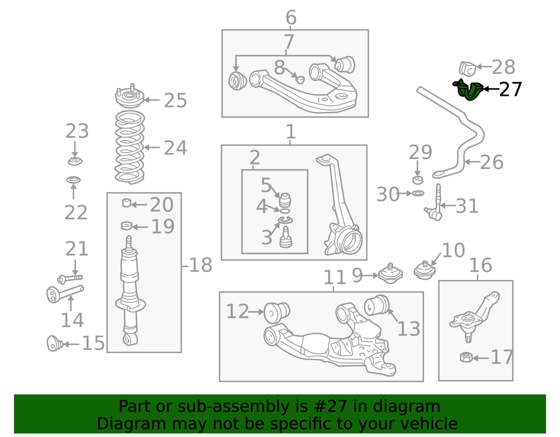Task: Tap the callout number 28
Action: pyautogui.click(x=503, y=67)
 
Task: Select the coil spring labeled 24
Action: pyautogui.click(x=129, y=147)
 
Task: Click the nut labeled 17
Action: pyautogui.click(x=467, y=358)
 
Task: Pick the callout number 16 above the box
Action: pyautogui.click(x=480, y=265)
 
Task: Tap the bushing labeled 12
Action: pyautogui.click(x=277, y=312)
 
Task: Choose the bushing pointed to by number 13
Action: pyautogui.click(x=377, y=305)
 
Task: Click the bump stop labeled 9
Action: pyautogui.click(x=391, y=274)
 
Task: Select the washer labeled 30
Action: pyautogui.click(x=418, y=193)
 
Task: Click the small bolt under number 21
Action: pyautogui.click(x=70, y=279)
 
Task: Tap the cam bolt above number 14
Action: pyautogui.click(x=65, y=294)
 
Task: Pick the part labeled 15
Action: pyautogui.click(x=55, y=343)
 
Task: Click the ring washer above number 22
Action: pyautogui.click(x=73, y=180)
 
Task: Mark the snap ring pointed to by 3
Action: pyautogui.click(x=285, y=220)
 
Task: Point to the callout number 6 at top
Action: pyautogui.click(x=291, y=17)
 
